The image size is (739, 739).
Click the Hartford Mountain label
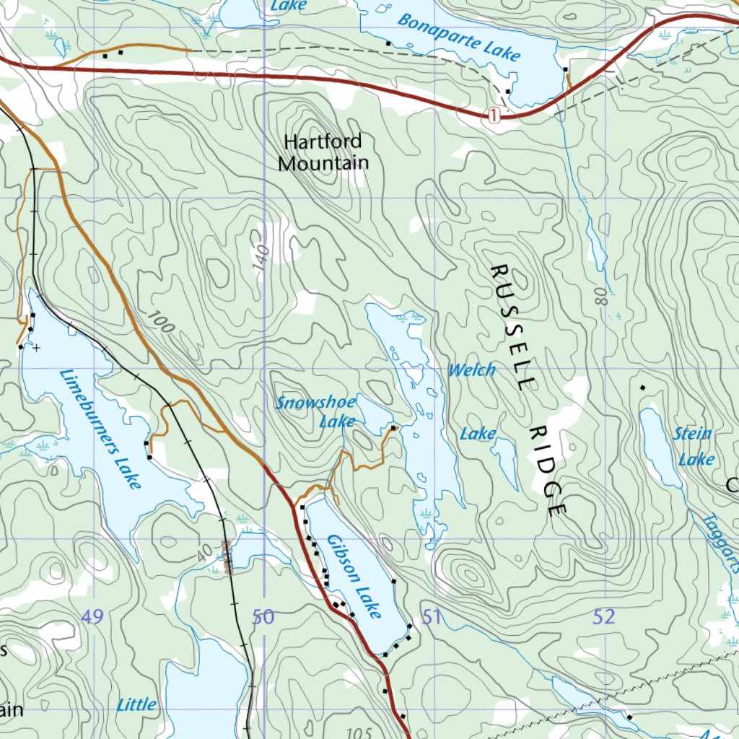323,152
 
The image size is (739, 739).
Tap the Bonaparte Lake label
458,38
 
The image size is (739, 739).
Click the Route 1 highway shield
494,115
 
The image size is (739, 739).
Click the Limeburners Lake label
100,429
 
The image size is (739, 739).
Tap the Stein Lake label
694,446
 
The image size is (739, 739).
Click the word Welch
471,370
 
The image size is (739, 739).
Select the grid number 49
92,617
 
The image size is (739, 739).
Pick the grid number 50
263,617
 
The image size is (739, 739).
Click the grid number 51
432,617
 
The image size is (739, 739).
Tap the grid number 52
605,617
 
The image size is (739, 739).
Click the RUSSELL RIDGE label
528,390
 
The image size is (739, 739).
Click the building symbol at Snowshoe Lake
393,428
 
